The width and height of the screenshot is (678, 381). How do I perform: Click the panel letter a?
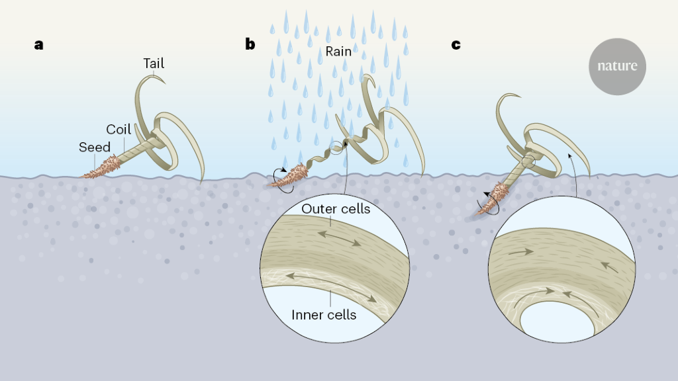click(39, 45)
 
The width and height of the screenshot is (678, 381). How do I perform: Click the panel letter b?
click(250, 45)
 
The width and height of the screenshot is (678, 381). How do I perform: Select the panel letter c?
click(456, 45)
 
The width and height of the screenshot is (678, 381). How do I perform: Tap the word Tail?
click(154, 63)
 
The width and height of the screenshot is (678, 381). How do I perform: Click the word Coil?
click(119, 129)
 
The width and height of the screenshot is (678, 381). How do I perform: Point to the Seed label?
click(95, 147)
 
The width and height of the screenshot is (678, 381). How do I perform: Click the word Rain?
click(338, 52)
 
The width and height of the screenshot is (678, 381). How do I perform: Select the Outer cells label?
click(336, 209)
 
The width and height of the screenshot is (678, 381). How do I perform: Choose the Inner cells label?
click(324, 315)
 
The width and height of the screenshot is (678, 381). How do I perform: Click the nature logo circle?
click(617, 66)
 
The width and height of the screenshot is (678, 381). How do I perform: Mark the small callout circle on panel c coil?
click(528, 161)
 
